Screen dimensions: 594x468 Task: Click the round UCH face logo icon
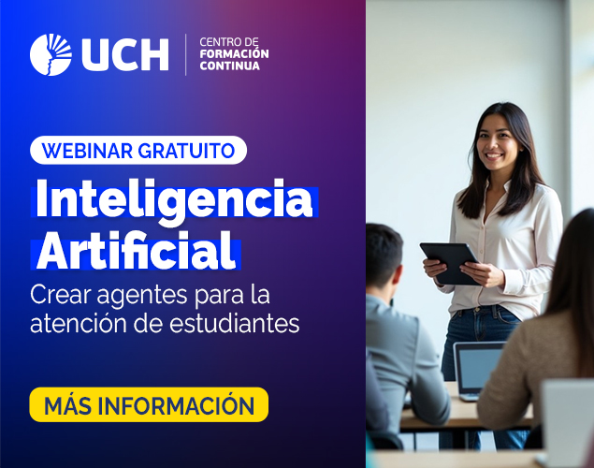click(51, 54)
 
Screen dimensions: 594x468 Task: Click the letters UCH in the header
click(125, 54)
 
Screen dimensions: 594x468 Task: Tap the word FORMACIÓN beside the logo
click(234, 53)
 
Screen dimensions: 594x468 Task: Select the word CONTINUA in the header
click(229, 66)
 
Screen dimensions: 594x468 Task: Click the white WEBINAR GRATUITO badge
click(138, 150)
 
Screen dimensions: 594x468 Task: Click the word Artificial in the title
click(137, 250)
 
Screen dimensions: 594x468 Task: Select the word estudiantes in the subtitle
click(234, 323)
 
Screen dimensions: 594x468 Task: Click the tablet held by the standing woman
click(451, 263)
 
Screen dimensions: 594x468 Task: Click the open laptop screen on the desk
click(479, 369)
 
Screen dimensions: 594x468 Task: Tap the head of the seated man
click(384, 257)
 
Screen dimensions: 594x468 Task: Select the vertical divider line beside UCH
click(185, 54)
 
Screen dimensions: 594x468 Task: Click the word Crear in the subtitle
click(62, 295)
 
